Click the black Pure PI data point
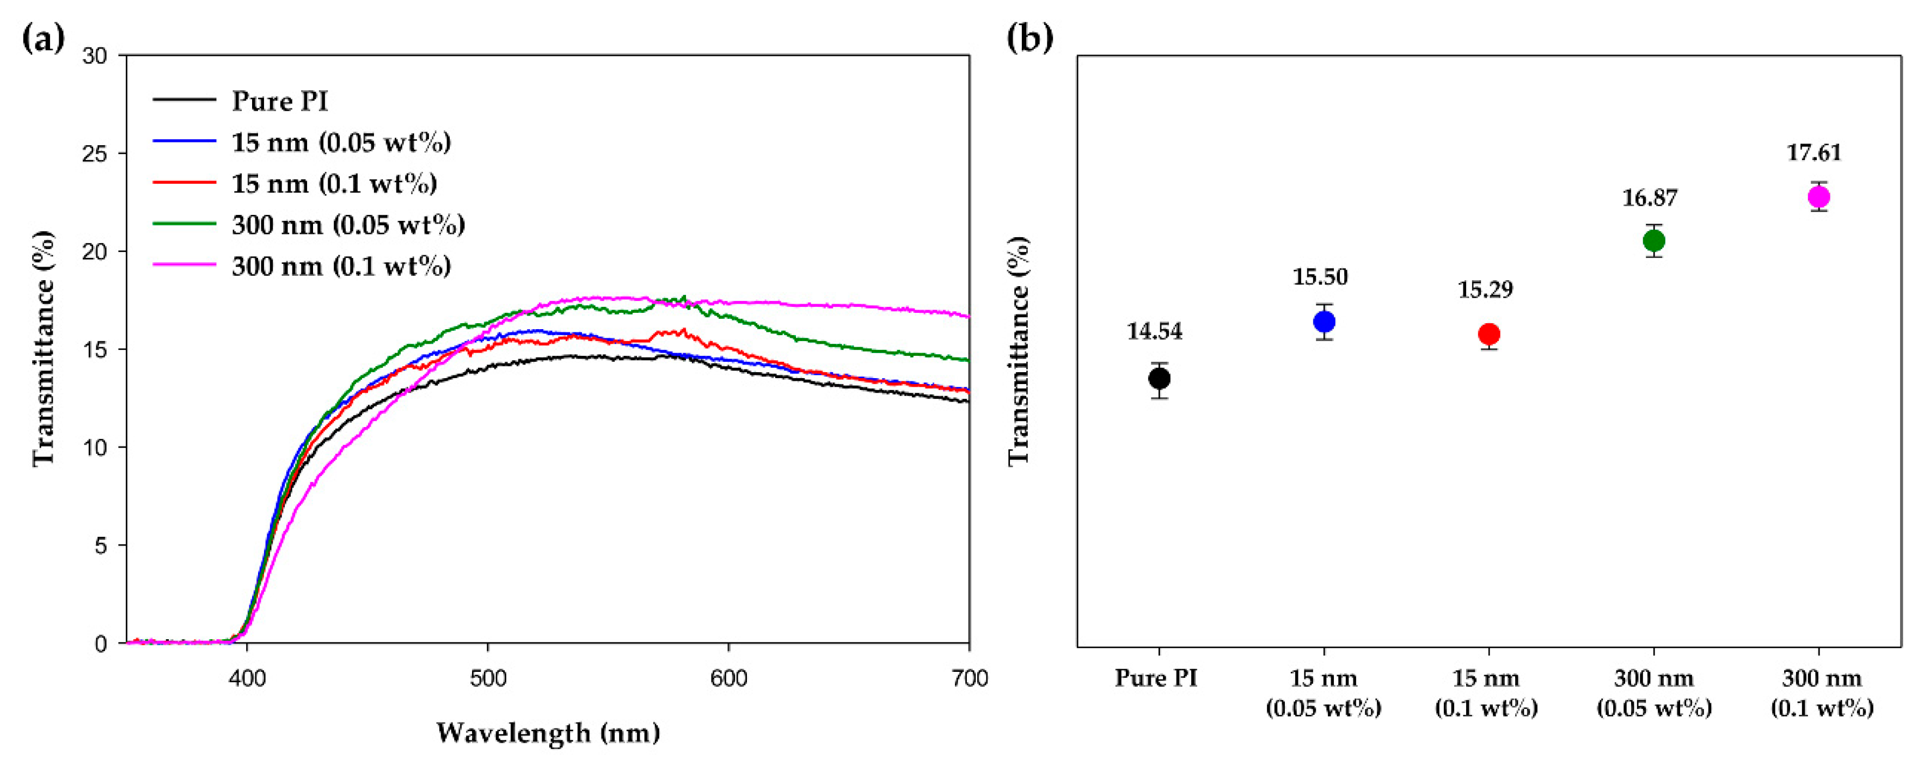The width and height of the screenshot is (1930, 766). pos(1159,379)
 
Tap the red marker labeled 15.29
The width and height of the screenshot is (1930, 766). pos(1488,335)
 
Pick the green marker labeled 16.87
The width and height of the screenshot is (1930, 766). pos(1653,241)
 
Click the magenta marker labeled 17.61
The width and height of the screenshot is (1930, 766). pos(1818,197)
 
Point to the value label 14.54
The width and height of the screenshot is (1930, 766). pos(1155,331)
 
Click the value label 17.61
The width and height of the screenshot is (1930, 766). pos(1814,153)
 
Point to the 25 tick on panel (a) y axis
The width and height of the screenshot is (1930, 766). pos(95,153)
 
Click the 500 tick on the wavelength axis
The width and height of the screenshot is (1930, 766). pos(488,678)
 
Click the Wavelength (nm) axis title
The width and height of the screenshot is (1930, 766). pos(548,732)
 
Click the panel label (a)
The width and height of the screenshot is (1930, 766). pos(44,38)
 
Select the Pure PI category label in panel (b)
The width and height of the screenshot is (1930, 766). pos(1156,678)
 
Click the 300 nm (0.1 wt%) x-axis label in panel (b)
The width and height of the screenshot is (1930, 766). pos(1821,693)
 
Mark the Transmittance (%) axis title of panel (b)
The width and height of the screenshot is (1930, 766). pos(1019,350)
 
